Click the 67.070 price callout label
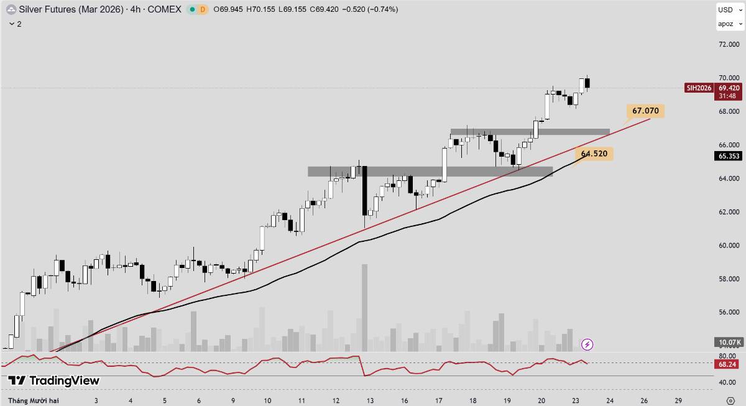tap(646, 111)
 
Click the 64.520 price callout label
tap(595, 153)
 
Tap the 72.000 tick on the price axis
tap(728, 45)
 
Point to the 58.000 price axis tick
tap(728, 279)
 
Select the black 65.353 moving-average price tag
tap(729, 156)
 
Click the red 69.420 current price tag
tap(729, 88)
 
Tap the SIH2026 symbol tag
tap(698, 88)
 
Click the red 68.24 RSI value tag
tap(728, 364)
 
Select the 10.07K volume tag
tap(728, 343)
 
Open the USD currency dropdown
tap(728, 9)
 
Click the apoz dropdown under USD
tap(728, 24)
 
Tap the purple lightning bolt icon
tap(587, 344)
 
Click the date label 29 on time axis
tap(678, 401)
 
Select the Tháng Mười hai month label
tap(34, 401)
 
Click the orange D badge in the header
tap(202, 9)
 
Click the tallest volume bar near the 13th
tap(364, 308)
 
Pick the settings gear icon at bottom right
tap(731, 400)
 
